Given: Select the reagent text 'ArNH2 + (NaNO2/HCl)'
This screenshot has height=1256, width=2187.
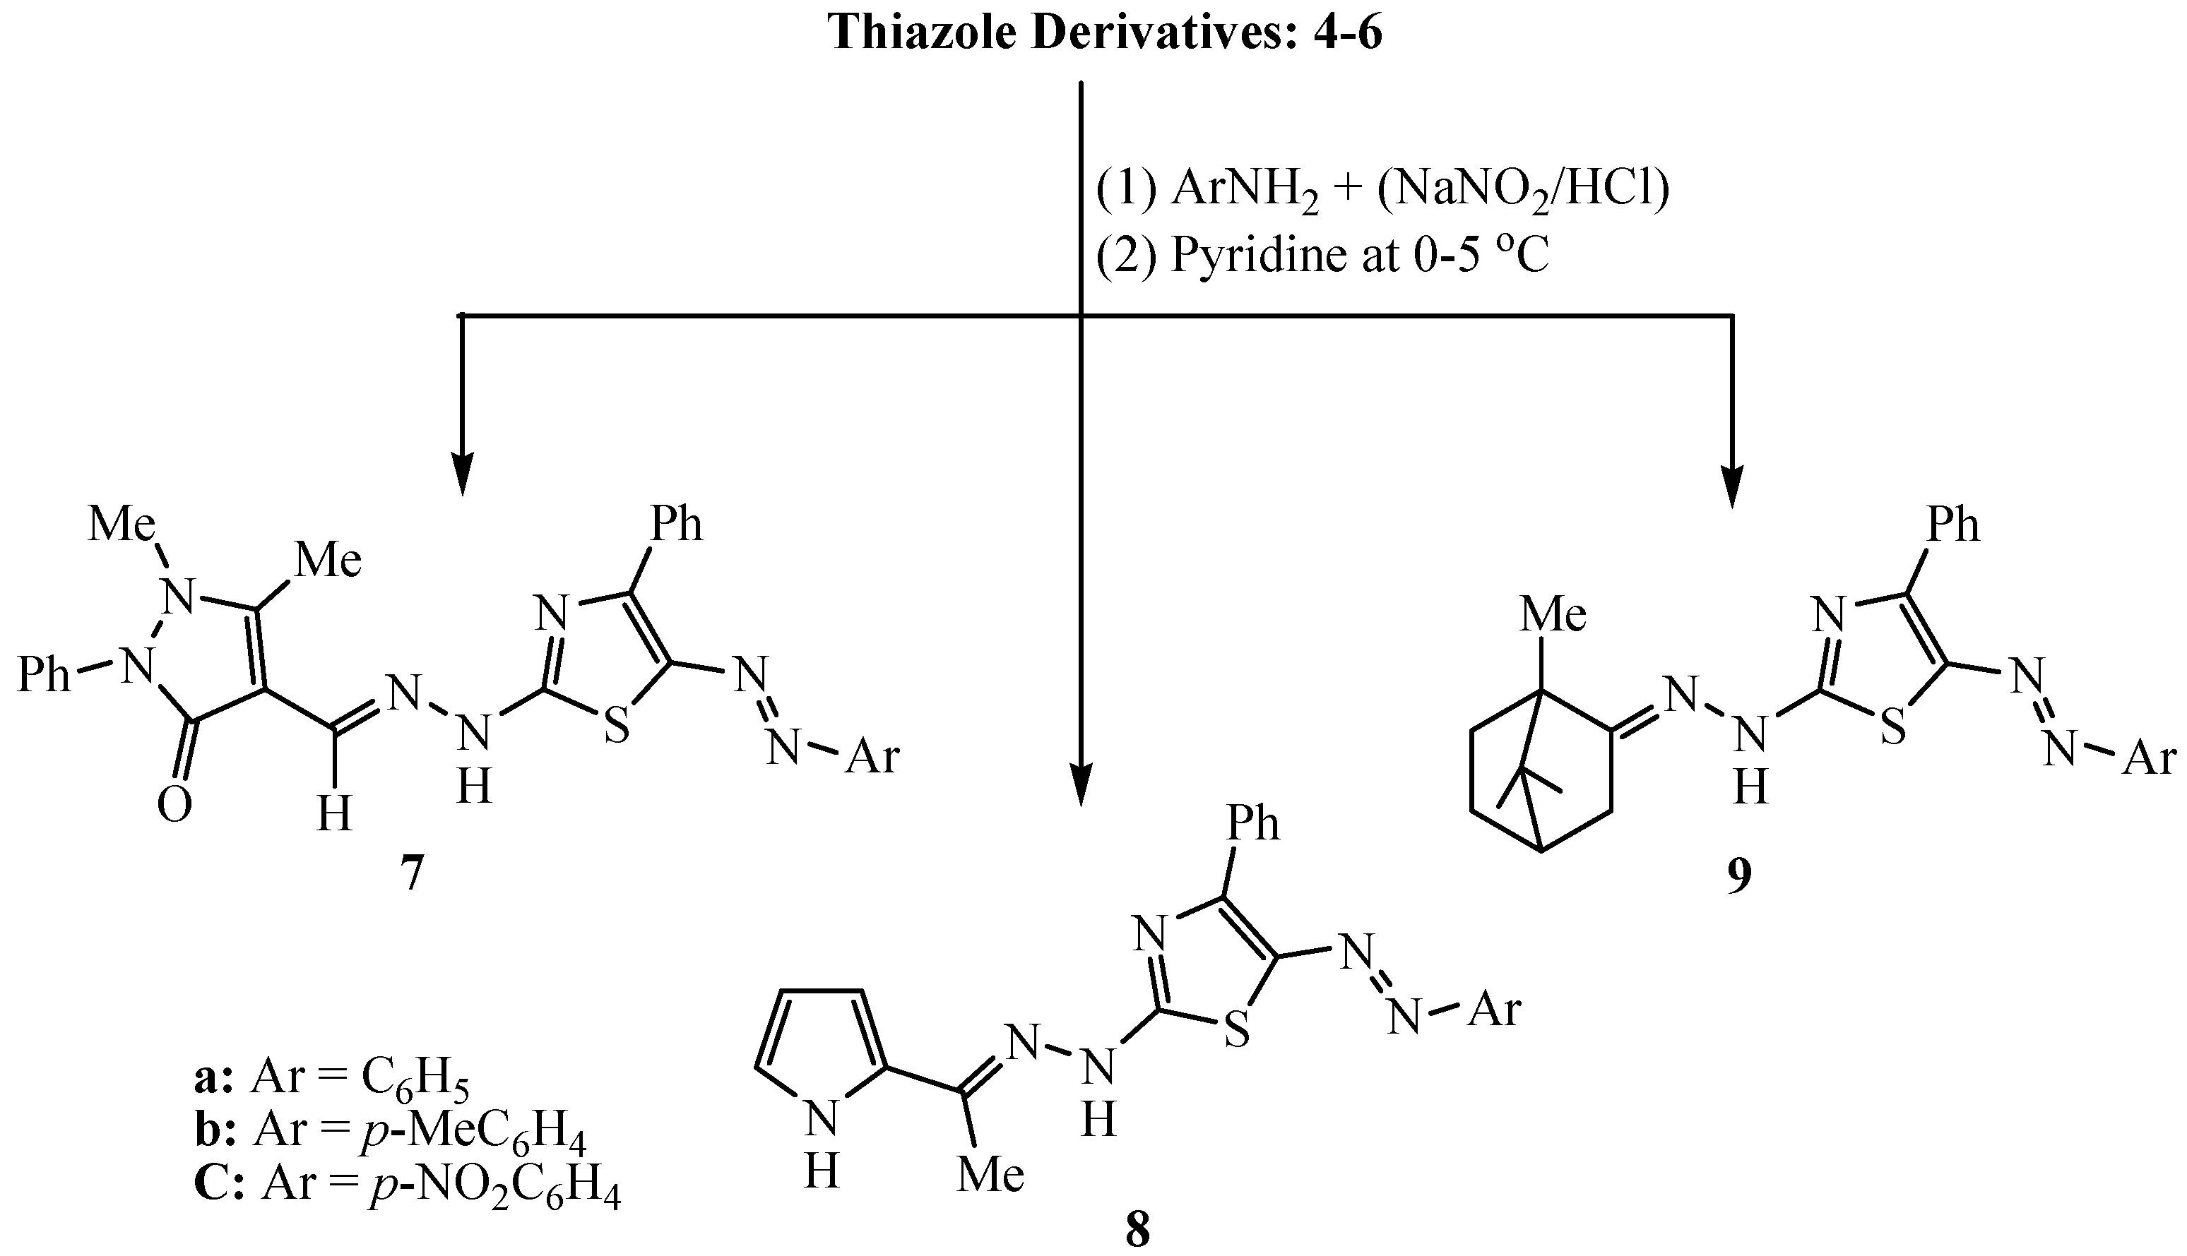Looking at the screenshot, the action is pyautogui.click(x=1381, y=190).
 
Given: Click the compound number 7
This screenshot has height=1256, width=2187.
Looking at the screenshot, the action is pyautogui.click(x=412, y=874).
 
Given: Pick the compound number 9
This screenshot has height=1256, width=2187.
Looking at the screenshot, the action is pyautogui.click(x=1739, y=874).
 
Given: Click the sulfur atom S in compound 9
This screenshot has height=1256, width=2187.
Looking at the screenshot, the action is pyautogui.click(x=1892, y=726).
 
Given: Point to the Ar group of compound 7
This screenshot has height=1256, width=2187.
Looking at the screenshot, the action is pyautogui.click(x=872, y=758).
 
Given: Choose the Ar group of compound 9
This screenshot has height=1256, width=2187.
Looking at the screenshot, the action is pyautogui.click(x=2148, y=758).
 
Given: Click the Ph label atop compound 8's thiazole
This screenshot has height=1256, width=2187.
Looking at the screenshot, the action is pyautogui.click(x=1253, y=822).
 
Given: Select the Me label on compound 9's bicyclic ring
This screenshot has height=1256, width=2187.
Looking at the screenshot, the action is pyautogui.click(x=1553, y=615).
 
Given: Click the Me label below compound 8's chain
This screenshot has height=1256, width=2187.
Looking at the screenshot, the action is pyautogui.click(x=990, y=1175).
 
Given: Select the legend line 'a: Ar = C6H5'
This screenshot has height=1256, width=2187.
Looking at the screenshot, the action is pyautogui.click(x=332, y=1078).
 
